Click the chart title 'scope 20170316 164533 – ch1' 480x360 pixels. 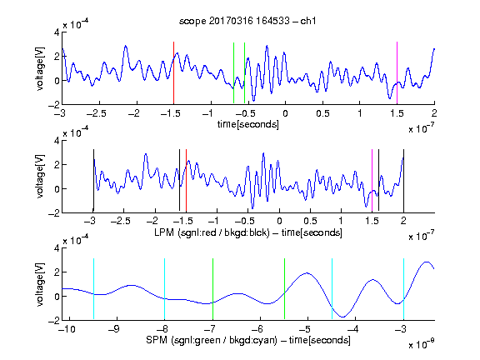click(x=247, y=21)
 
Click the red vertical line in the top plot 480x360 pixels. click(x=173, y=73)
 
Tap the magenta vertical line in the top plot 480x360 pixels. click(x=397, y=73)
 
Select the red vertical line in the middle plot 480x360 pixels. click(x=186, y=181)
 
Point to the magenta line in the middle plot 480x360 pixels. click(x=372, y=181)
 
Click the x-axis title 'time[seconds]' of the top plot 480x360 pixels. click(x=248, y=124)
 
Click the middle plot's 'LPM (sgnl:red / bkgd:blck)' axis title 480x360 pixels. click(x=212, y=232)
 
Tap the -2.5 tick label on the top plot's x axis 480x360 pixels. click(x=97, y=113)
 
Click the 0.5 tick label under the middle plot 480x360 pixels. click(x=310, y=221)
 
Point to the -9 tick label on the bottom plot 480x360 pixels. click(x=113, y=329)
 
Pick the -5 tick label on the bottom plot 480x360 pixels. click(x=305, y=329)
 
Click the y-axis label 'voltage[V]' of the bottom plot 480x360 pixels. click(x=40, y=284)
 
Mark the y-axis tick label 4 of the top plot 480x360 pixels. click(x=57, y=32)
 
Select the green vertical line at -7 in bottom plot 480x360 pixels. click(x=212, y=288)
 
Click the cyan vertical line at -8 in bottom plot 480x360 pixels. click(x=164, y=288)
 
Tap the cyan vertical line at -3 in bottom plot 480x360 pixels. click(x=403, y=288)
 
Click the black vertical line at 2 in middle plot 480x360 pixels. click(x=403, y=181)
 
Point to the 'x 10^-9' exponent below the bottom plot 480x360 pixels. click(x=422, y=344)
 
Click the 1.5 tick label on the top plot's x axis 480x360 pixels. click(x=397, y=113)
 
